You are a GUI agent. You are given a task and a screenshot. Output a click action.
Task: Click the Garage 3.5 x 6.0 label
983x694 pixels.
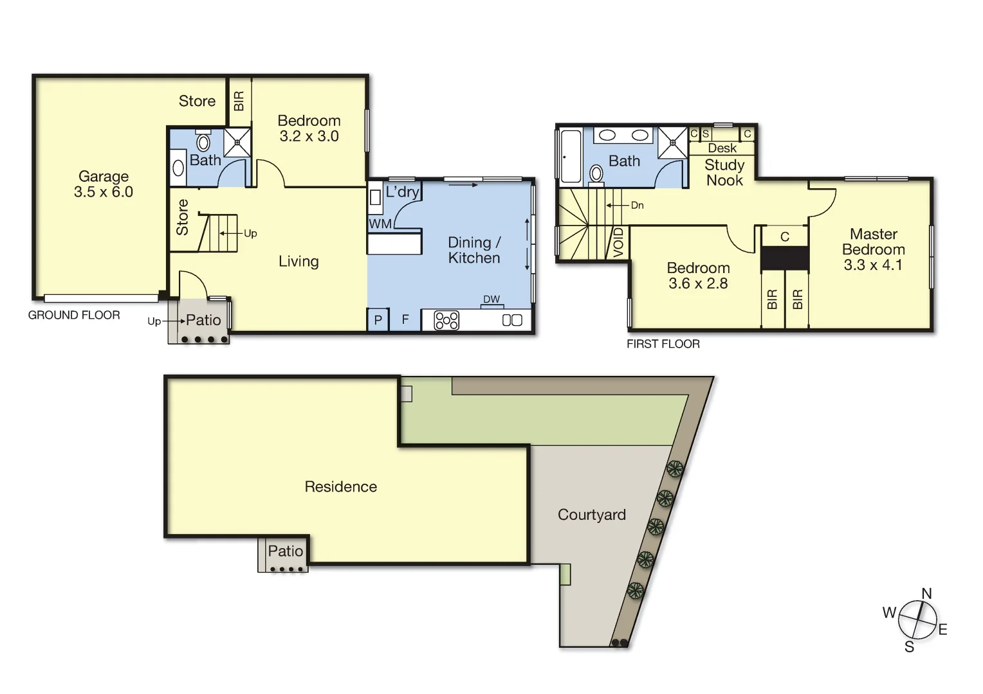click(103, 184)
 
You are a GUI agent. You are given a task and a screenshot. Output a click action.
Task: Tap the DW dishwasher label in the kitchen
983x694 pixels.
click(492, 299)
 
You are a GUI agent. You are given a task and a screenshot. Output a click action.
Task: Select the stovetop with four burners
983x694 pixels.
click(446, 320)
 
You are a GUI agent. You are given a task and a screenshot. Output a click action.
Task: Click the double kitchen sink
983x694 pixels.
click(512, 320)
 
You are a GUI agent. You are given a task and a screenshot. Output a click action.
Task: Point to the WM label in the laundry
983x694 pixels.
click(380, 224)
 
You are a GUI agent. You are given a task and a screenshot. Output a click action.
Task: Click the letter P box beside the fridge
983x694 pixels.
click(378, 320)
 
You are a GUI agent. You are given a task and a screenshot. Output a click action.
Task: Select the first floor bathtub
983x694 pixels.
click(571, 156)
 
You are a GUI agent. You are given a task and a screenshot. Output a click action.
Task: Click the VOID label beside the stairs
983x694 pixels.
click(619, 242)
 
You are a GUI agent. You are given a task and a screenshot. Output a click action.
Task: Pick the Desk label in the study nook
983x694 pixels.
click(722, 148)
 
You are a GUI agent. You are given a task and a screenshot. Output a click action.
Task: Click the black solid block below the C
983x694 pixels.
click(784, 258)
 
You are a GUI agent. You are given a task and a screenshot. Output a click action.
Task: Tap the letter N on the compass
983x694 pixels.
click(926, 594)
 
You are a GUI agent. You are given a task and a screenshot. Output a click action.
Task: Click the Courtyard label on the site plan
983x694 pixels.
click(591, 515)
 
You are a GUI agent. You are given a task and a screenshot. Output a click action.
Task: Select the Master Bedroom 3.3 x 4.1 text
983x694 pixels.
click(873, 249)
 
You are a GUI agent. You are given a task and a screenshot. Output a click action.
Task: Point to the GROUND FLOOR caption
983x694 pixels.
click(74, 315)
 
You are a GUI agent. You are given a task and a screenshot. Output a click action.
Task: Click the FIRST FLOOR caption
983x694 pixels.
click(663, 344)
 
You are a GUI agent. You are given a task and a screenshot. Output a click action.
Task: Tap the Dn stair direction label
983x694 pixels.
click(637, 206)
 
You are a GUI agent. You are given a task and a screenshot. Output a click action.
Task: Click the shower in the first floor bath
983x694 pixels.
click(673, 143)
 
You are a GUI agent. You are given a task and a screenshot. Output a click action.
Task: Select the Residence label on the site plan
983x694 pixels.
click(340, 486)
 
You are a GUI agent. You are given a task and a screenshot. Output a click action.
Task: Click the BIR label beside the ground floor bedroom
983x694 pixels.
click(239, 101)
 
